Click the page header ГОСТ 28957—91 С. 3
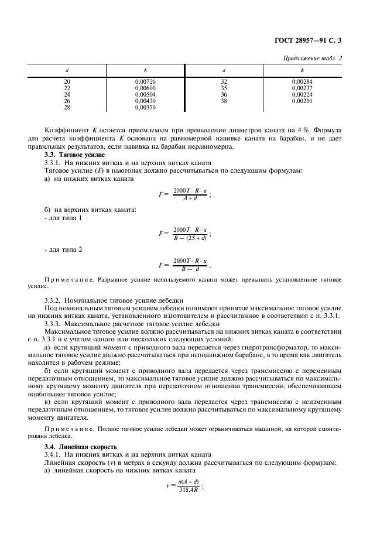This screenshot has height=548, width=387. click(316, 40)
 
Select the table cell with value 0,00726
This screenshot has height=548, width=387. click(145, 81)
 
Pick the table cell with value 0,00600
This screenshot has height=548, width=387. click(145, 88)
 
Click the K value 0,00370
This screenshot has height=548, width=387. click(145, 107)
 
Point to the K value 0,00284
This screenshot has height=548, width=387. click(302, 81)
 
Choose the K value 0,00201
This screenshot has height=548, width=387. click(302, 101)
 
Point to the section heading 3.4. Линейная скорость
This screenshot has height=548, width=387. click(79, 447)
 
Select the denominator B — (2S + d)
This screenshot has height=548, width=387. click(190, 238)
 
